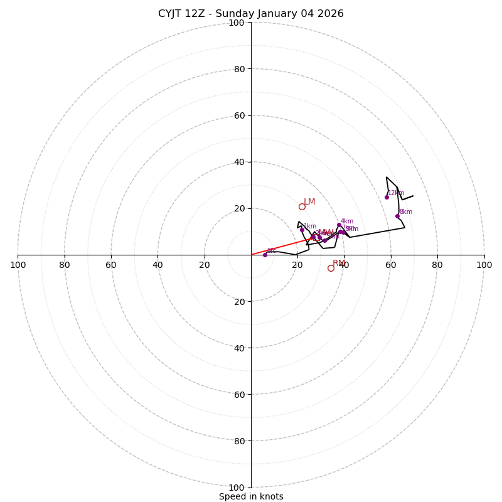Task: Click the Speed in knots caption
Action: (251, 496)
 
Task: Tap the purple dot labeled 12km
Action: (387, 197)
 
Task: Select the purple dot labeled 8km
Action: (397, 216)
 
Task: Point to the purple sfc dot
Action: (265, 255)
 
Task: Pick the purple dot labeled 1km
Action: (302, 230)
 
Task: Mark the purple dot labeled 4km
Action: (339, 225)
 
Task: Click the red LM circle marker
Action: (302, 206)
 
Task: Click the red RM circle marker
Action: (331, 268)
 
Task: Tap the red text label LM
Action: (309, 202)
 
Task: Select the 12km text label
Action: (396, 193)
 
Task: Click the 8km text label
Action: (406, 212)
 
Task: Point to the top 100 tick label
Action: (237, 23)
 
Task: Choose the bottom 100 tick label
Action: (237, 488)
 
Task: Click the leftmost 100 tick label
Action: (18, 265)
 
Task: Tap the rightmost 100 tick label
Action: (484, 265)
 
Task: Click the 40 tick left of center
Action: (158, 265)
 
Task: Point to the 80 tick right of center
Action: (437, 265)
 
